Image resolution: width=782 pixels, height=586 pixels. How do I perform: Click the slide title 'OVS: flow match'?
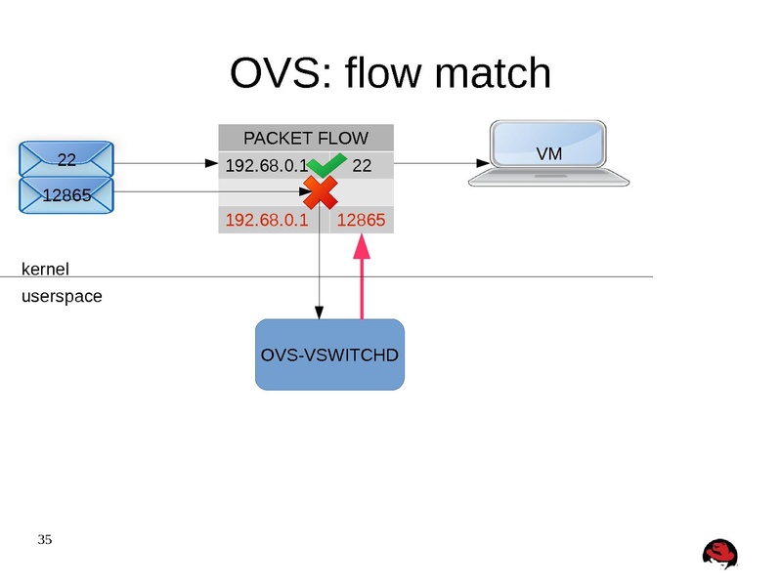pyautogui.click(x=390, y=73)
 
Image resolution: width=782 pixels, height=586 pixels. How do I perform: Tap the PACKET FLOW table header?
pyautogui.click(x=305, y=138)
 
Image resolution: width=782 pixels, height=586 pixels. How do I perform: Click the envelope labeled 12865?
pyautogui.click(x=66, y=195)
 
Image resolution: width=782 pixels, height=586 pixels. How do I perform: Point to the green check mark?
pyautogui.click(x=326, y=164)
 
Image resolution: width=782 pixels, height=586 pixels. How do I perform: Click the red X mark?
pyautogui.click(x=319, y=192)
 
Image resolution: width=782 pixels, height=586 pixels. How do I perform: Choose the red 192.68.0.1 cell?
pyautogui.click(x=266, y=220)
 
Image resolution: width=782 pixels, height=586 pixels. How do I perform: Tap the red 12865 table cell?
pyautogui.click(x=361, y=220)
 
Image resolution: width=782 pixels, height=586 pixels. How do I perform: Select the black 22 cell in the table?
pyautogui.click(x=362, y=166)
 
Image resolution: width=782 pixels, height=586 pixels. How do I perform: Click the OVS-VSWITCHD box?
pyautogui.click(x=329, y=355)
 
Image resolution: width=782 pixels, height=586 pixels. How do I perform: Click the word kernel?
pyautogui.click(x=45, y=269)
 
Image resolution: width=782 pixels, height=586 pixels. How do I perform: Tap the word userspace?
pyautogui.click(x=61, y=296)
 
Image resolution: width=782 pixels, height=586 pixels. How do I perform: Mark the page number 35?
pyautogui.click(x=45, y=539)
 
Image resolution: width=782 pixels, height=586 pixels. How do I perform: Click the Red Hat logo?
pyautogui.click(x=719, y=554)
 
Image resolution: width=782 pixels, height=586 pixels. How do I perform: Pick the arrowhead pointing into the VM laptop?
pyautogui.click(x=482, y=163)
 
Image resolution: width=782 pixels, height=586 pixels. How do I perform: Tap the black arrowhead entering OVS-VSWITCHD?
pyautogui.click(x=320, y=313)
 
